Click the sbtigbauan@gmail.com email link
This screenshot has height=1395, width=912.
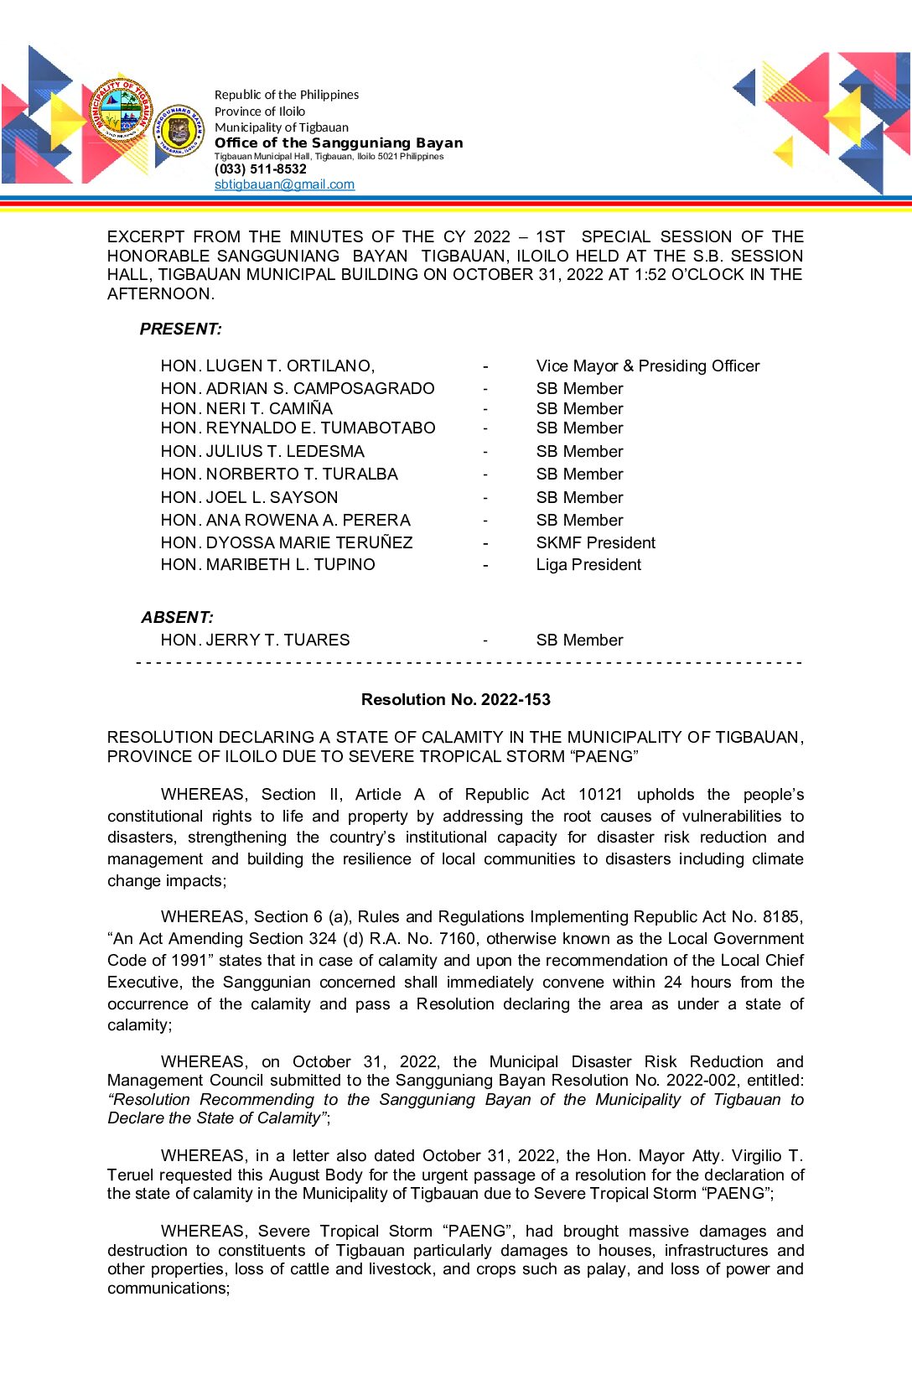(x=284, y=184)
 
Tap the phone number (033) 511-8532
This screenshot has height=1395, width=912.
(x=261, y=169)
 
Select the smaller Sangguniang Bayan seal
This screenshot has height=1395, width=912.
(x=179, y=131)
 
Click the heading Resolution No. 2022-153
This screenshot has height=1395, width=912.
(x=455, y=700)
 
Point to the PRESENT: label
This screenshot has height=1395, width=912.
(x=180, y=329)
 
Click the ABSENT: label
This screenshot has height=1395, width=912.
(x=177, y=618)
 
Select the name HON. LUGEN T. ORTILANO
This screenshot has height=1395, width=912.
(x=267, y=366)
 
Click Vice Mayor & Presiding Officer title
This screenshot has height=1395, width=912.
(x=647, y=366)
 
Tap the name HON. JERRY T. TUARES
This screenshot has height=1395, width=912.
(x=255, y=640)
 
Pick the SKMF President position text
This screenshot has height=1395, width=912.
(x=595, y=543)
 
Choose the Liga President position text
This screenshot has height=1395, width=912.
(x=588, y=565)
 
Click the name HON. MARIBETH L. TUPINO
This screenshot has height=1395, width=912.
(x=267, y=565)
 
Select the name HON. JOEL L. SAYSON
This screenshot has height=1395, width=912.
(x=249, y=498)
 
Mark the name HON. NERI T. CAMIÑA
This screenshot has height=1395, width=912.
(x=246, y=409)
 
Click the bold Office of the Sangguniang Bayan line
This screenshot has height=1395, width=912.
(x=339, y=143)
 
